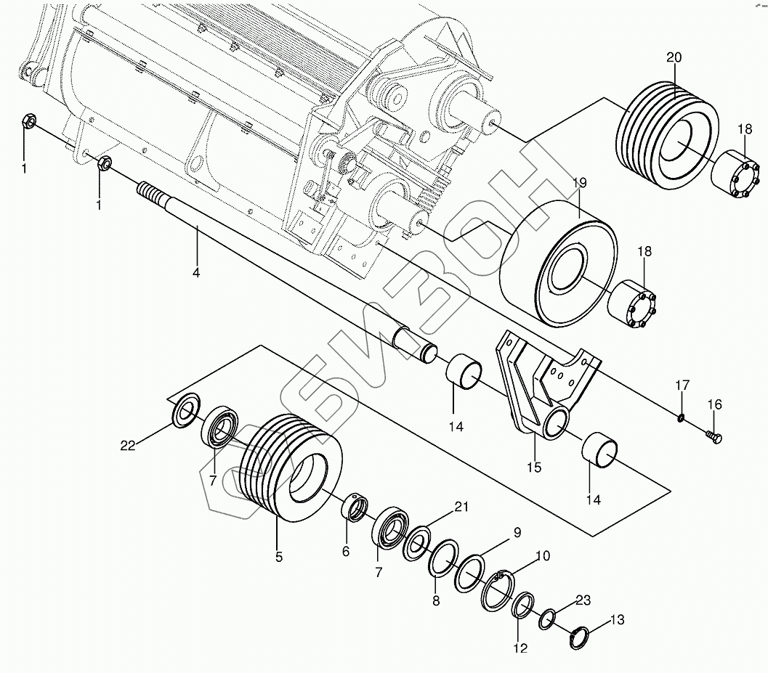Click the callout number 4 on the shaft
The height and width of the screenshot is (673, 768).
tap(196, 273)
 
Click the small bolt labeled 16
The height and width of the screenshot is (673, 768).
tap(714, 436)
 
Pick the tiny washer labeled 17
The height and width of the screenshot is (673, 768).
tap(681, 417)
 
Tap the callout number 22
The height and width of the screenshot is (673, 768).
tap(128, 446)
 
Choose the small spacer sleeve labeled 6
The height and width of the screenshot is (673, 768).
tap(355, 506)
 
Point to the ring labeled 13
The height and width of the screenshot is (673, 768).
tap(579, 637)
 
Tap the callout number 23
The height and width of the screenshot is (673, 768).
tap(583, 600)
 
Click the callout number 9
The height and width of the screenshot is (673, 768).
tap(517, 533)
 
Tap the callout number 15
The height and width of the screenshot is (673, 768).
tap(534, 468)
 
